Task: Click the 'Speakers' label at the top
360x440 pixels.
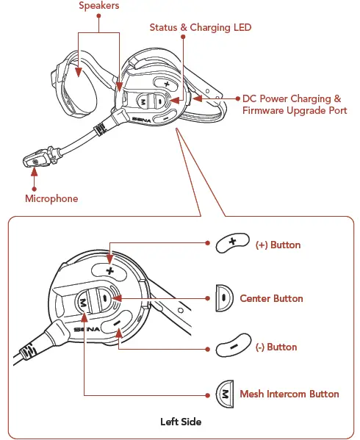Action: tap(100, 6)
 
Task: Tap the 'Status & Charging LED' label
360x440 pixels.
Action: tap(200, 27)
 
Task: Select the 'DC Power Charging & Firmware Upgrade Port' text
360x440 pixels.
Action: tap(295, 104)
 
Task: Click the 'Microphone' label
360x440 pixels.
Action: tap(51, 198)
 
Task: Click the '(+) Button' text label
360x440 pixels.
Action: tap(278, 245)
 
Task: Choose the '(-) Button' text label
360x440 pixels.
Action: tap(276, 347)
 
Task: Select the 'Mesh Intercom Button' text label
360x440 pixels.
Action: tap(289, 394)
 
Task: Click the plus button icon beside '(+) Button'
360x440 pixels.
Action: tap(231, 244)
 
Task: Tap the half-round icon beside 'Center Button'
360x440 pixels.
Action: tap(223, 299)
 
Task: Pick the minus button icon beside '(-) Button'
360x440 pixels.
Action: tap(231, 346)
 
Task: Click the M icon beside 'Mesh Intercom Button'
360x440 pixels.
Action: tap(223, 394)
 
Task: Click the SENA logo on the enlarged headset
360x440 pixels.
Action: tap(88, 331)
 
